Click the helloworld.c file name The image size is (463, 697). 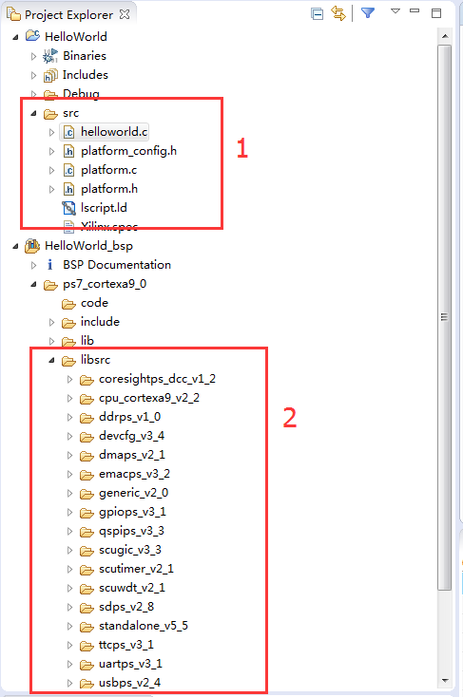114,132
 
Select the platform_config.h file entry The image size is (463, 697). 128,151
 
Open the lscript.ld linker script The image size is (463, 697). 104,208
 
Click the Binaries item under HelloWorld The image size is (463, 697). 85,56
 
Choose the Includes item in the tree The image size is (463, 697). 85,75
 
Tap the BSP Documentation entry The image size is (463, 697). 117,265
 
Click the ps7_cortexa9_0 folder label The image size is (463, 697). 105,284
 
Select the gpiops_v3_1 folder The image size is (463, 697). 132,512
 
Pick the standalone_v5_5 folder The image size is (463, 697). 144,626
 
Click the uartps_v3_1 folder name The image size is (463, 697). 130,664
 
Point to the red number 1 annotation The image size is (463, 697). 241,148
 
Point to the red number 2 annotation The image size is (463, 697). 290,418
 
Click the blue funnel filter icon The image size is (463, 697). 368,13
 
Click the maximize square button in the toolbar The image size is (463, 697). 436,13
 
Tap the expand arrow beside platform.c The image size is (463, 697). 51,170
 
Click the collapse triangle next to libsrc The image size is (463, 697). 51,361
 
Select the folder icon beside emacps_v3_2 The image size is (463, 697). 87,475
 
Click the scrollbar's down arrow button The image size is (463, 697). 445,681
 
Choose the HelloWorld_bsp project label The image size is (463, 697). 88,246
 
